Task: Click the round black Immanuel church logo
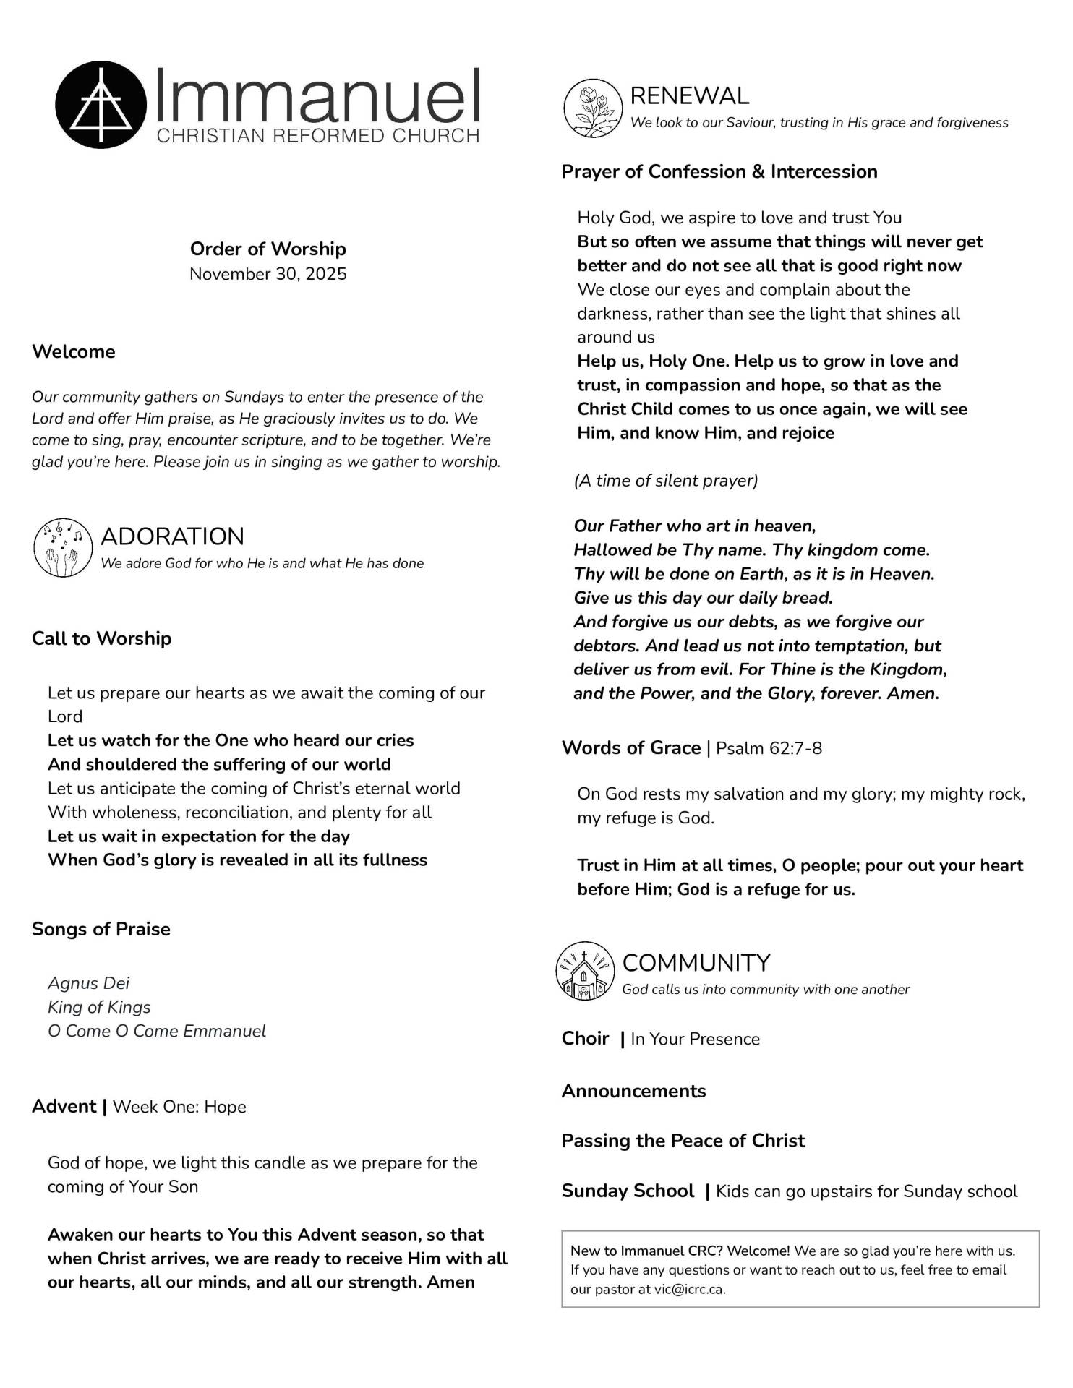(x=101, y=105)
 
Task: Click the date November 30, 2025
(x=268, y=274)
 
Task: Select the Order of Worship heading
(x=268, y=249)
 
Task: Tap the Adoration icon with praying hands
(x=63, y=547)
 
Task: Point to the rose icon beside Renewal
(x=593, y=108)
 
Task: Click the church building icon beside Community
(x=585, y=971)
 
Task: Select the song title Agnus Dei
(x=89, y=983)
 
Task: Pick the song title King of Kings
(x=99, y=1007)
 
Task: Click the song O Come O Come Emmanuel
(x=157, y=1031)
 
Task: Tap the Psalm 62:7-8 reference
(x=769, y=748)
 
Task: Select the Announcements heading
(x=633, y=1091)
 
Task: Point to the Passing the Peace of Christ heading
(x=683, y=1141)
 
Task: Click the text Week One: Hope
(x=179, y=1107)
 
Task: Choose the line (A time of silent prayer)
(x=666, y=481)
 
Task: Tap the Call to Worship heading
(x=102, y=638)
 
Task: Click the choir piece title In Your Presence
(x=695, y=1039)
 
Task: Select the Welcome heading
(x=74, y=351)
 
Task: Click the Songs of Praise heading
(x=101, y=929)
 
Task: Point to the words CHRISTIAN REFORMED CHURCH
(x=318, y=136)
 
